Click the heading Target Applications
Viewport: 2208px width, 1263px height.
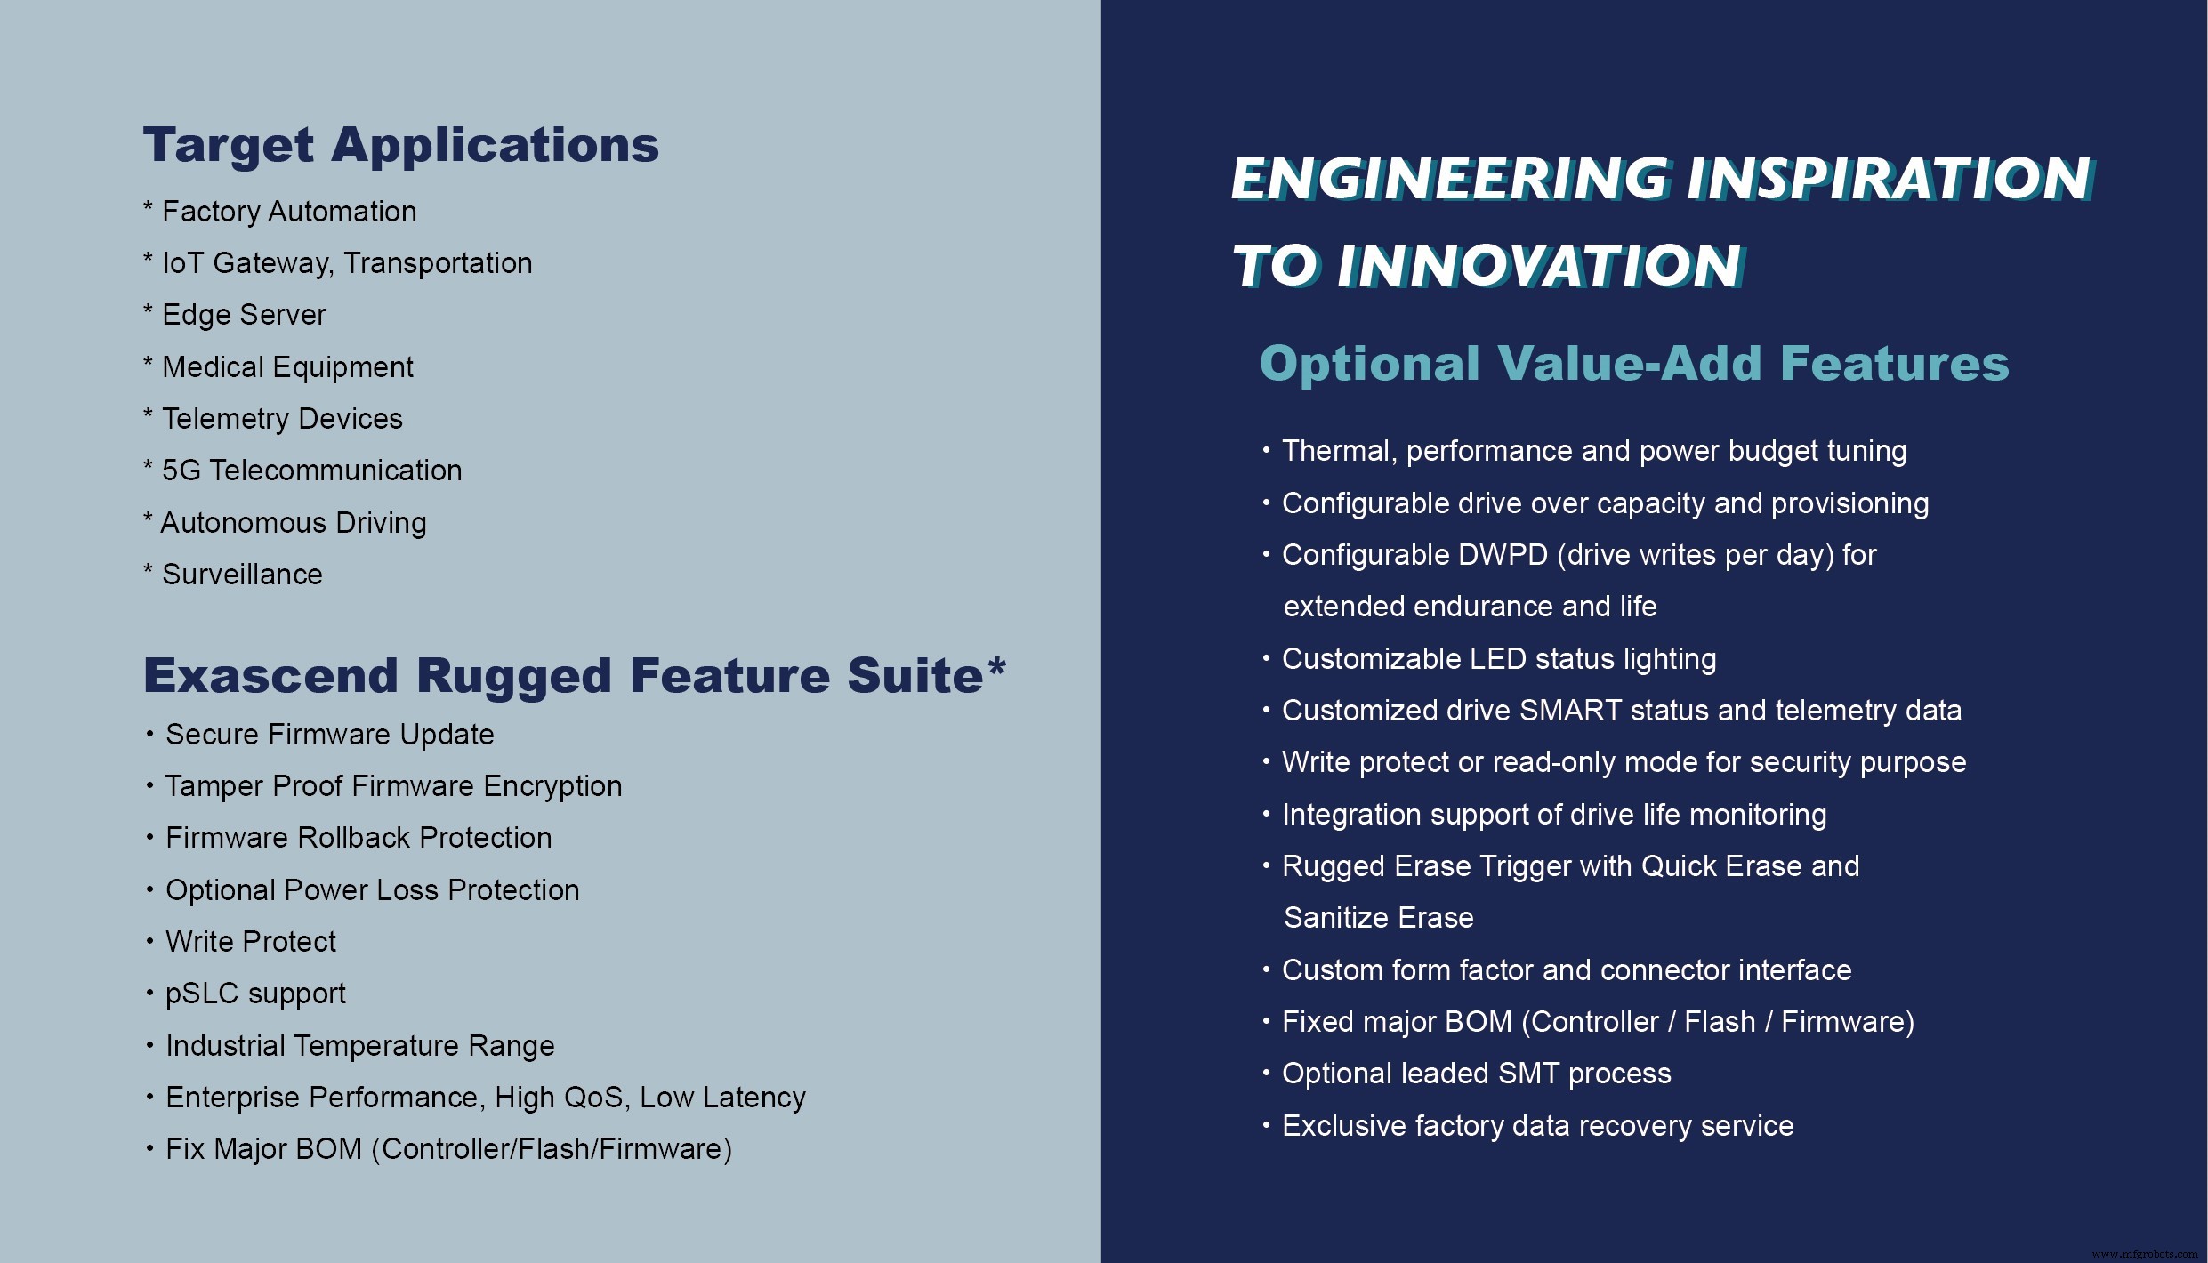pos(400,145)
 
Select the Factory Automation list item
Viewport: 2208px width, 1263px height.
pos(288,212)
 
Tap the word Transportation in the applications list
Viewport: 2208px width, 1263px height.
pos(438,263)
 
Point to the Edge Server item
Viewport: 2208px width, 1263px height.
pos(243,315)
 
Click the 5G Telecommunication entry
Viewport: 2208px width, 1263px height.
pos(311,471)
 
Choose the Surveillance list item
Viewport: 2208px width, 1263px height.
pos(241,575)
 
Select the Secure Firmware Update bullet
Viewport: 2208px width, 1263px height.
pos(329,735)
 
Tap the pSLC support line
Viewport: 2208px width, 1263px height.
pos(255,994)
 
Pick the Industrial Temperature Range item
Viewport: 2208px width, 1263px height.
pos(359,1046)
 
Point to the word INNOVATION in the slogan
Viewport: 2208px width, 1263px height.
pos(1538,266)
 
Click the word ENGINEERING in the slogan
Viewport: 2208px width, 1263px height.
pos(1449,179)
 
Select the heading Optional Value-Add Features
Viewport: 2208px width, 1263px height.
pos(1634,364)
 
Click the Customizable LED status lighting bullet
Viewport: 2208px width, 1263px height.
pos(1498,659)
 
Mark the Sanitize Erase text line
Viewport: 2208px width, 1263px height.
pos(1378,918)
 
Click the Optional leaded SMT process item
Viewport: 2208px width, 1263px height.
pos(1476,1074)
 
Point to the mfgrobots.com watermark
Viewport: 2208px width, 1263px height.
pos(2145,1254)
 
